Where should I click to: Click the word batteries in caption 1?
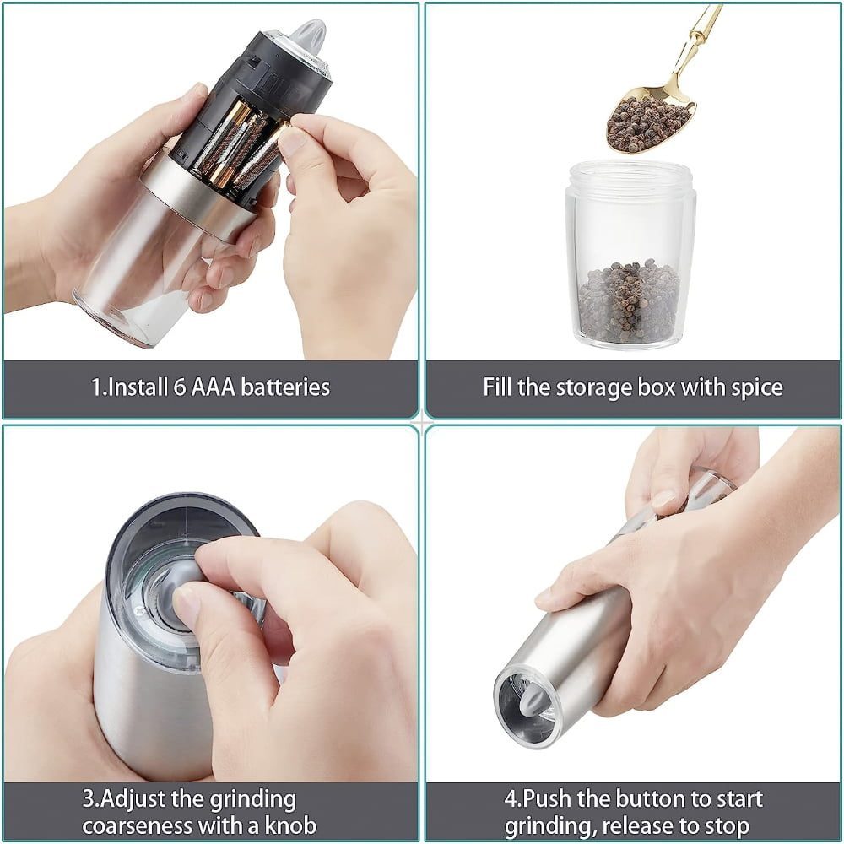285,387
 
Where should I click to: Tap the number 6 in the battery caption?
180,387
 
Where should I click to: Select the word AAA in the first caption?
214,387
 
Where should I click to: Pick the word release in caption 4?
636,825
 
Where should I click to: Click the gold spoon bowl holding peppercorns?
649,123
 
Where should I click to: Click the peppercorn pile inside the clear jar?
629,300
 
